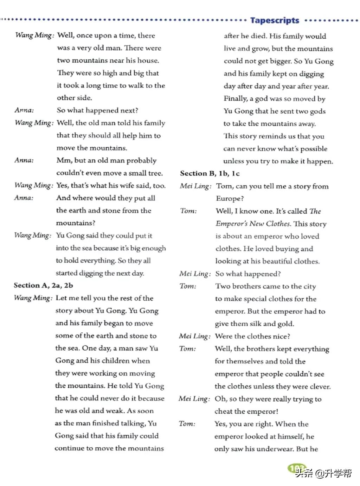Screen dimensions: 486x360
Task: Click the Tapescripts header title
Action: [275, 20]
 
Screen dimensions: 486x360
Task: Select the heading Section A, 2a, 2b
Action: [43, 285]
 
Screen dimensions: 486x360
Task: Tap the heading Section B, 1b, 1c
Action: [210, 173]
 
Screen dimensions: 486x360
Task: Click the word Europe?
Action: [230, 199]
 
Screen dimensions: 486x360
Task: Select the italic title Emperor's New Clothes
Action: [253, 224]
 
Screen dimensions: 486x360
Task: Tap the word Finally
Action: [236, 99]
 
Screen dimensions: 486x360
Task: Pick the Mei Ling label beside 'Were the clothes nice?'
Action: [194, 336]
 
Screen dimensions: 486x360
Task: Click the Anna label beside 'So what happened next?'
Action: [24, 110]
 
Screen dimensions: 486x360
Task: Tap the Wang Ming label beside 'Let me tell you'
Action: [33, 298]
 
